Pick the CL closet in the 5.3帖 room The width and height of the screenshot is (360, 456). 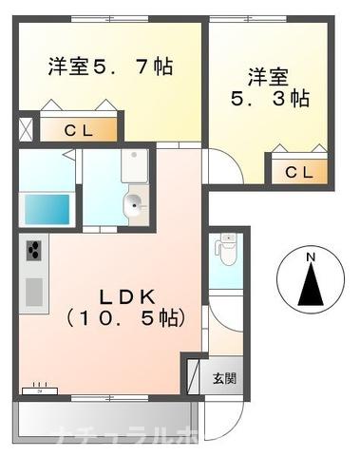point(298,171)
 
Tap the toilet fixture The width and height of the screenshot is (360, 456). point(225,249)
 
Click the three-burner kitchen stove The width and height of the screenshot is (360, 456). point(32,252)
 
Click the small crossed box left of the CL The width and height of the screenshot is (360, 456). point(26,128)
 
